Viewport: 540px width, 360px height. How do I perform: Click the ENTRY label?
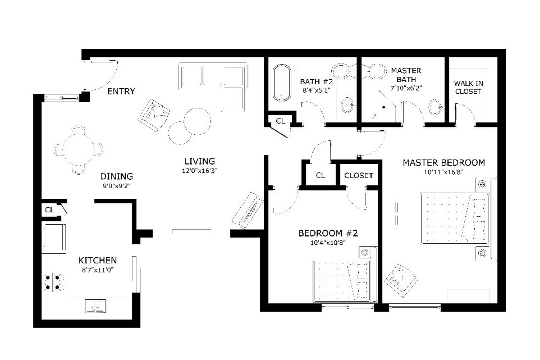click(121, 92)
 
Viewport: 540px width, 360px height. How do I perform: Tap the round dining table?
click(79, 149)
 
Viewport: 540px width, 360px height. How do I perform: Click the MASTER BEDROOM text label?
click(443, 163)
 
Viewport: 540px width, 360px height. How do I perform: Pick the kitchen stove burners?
click(52, 282)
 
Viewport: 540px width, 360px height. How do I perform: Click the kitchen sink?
click(95, 306)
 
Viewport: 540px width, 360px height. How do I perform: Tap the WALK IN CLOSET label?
click(468, 88)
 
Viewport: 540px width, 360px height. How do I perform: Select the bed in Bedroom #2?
click(342, 281)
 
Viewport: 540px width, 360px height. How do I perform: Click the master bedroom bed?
click(455, 218)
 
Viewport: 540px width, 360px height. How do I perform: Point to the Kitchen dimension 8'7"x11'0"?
click(97, 270)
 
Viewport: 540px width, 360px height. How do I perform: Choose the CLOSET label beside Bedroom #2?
click(359, 176)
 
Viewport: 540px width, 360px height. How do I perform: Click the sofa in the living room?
click(213, 76)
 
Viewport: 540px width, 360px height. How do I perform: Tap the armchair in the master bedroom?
click(400, 279)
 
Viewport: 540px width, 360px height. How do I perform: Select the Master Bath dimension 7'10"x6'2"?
click(406, 88)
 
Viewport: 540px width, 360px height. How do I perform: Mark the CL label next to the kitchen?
click(49, 210)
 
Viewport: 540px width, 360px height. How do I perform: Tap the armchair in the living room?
click(154, 115)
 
